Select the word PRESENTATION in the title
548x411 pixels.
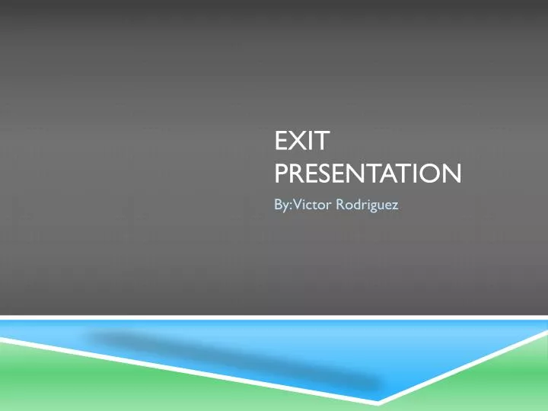[367, 176]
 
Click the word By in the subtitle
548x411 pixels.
[280, 205]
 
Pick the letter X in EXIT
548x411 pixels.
[294, 143]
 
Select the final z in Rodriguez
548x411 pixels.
[394, 205]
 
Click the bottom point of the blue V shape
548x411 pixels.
[379, 401]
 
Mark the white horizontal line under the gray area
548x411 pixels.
[274, 317]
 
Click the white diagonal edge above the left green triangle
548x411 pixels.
[190, 368]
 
